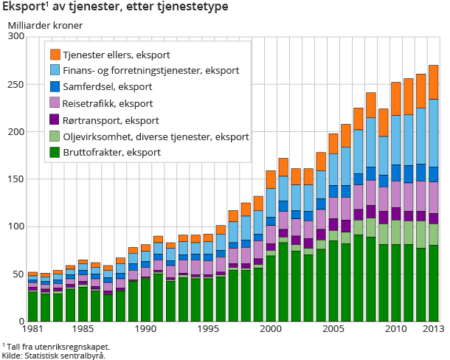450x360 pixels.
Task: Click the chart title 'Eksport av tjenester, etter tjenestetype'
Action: (x=114, y=7)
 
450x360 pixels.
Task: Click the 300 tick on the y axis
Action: (x=15, y=37)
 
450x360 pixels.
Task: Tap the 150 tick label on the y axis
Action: (x=15, y=179)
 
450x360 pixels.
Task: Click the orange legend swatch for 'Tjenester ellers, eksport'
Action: (x=55, y=55)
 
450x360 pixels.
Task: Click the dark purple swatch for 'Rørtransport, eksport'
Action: (x=55, y=120)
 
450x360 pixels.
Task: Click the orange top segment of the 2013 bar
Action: (x=433, y=82)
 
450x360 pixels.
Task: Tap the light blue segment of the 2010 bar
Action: (x=396, y=139)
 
